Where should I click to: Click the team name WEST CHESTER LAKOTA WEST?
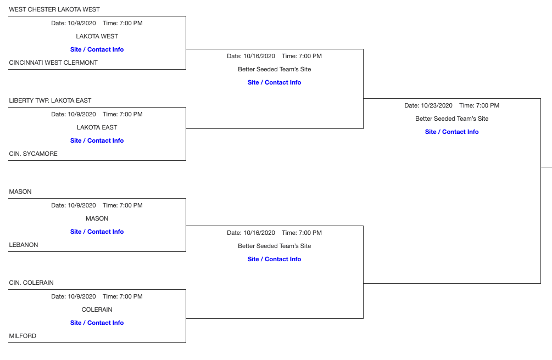coord(54,9)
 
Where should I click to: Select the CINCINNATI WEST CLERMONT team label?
coord(53,63)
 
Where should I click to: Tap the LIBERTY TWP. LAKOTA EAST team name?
coord(50,100)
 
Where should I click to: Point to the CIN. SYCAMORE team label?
coord(33,154)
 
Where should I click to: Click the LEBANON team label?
coord(24,245)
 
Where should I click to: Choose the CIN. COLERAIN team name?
coord(31,283)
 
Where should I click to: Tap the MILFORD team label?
coord(23,336)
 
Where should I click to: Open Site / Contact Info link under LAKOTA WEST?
coord(97,49)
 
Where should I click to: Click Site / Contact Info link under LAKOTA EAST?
coord(97,140)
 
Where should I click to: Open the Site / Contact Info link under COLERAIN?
coord(97,323)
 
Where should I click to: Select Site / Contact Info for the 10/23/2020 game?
coord(451,132)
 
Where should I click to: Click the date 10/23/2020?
coord(436,105)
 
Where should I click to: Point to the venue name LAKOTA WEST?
coord(97,36)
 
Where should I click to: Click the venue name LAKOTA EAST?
coord(97,127)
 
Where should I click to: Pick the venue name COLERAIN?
coord(97,310)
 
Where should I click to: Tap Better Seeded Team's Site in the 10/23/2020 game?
coord(451,119)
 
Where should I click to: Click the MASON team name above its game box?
coord(20,192)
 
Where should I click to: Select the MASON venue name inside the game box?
coord(97,218)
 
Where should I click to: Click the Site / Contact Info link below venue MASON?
coord(97,232)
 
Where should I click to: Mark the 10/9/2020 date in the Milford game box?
coord(81,296)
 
